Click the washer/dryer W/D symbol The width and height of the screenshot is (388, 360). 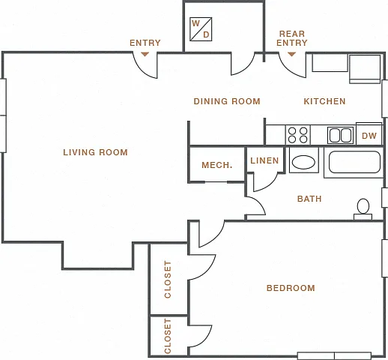point(201,29)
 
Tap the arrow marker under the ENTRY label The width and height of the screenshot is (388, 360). point(145,54)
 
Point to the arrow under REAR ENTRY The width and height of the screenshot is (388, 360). point(291,54)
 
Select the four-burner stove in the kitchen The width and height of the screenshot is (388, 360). point(298,135)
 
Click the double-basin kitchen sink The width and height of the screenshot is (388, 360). point(341,135)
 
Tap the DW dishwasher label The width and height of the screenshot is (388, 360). point(369,136)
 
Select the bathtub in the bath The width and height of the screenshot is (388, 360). point(354,162)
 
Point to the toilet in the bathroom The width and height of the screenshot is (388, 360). point(363,209)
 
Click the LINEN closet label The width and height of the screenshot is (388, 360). point(264,160)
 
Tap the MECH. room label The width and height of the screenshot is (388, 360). point(217,165)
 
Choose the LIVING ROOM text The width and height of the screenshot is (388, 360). point(95,152)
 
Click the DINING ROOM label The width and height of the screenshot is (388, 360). point(227,101)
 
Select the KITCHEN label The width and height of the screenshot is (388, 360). point(324,101)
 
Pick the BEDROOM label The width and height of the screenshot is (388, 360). point(291,288)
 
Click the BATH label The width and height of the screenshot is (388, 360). point(309,199)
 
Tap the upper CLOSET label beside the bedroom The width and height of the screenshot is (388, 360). point(168,280)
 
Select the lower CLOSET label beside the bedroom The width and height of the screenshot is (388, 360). point(168,336)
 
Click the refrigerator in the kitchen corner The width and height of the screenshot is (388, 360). point(365,69)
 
